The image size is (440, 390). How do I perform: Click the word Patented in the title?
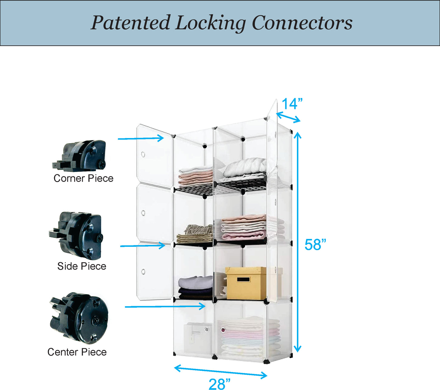pos(130,23)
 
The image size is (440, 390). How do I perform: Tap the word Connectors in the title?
pos(302,23)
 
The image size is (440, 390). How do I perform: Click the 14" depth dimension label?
pos(292,104)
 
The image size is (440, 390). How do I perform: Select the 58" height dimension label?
pos(315,245)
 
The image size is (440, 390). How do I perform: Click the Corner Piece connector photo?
pos(80,155)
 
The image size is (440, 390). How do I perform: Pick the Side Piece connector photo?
pos(77,235)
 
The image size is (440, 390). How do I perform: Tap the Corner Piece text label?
pos(83,179)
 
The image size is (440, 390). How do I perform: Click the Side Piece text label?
pos(82,266)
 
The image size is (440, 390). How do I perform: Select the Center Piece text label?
pos(77,352)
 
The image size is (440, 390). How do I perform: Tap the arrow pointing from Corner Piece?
pos(141,138)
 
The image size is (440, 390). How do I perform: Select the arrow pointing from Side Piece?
pos(143,246)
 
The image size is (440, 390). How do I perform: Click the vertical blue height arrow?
pos(297,242)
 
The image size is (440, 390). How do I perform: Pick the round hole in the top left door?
pos(143,154)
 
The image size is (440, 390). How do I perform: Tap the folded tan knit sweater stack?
pos(195,234)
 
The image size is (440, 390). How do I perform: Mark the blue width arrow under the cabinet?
pos(221,372)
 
